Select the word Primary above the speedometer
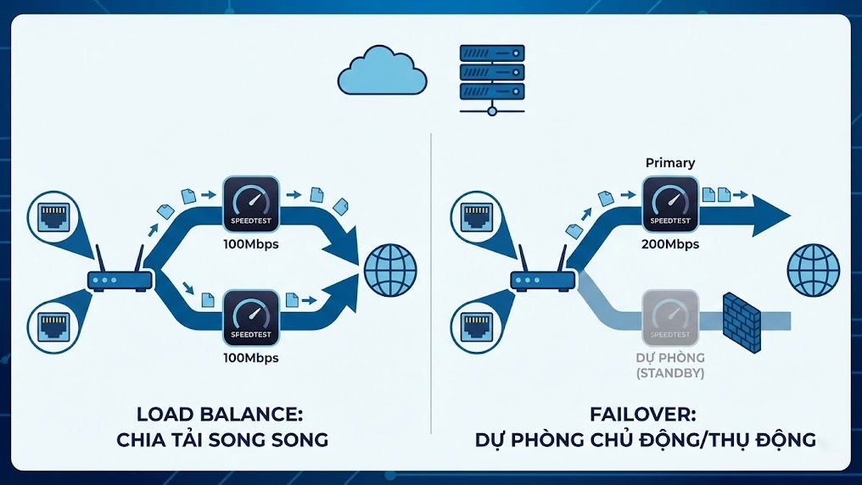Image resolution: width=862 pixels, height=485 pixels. [x=670, y=163]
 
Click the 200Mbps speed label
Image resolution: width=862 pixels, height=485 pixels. [x=671, y=244]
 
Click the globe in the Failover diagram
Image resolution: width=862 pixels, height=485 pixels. [x=813, y=269]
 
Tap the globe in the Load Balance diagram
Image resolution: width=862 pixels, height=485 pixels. [x=390, y=269]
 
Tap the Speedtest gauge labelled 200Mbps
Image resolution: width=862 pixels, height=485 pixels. [x=671, y=203]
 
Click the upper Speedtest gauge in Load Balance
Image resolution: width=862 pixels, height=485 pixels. [x=250, y=203]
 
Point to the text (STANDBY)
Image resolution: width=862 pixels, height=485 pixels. [x=671, y=373]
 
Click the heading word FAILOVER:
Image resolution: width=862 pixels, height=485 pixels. [x=643, y=415]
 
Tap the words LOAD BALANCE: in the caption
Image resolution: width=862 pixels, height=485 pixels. [x=219, y=415]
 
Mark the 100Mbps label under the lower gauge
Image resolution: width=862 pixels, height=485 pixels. [x=250, y=358]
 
